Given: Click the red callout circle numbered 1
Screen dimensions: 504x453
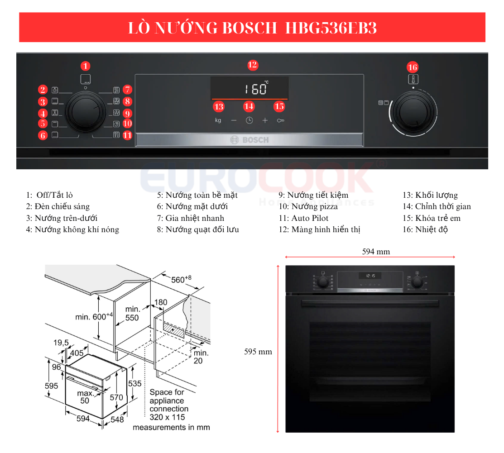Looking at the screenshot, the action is [86, 66].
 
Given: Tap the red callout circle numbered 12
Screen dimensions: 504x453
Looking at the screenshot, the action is [253, 65].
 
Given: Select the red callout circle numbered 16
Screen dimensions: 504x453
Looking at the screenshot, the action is [412, 67].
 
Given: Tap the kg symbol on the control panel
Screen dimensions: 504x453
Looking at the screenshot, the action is [218, 120].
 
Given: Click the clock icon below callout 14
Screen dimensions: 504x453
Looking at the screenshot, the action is [249, 120].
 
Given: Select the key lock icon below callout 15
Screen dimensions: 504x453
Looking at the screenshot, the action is [280, 121].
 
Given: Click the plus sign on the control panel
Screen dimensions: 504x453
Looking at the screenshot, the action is [265, 120].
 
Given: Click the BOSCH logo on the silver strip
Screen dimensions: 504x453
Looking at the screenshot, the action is [250, 140].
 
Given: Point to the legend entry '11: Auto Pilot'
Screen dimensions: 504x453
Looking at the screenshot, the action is [303, 218].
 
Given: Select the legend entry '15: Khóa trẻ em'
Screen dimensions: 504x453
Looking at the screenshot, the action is [431, 218].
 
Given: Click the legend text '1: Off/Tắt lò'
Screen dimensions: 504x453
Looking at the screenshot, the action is [49, 195].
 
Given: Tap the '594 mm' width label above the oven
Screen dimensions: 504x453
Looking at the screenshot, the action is [376, 252].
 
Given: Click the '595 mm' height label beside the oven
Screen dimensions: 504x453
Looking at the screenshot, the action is [258, 351].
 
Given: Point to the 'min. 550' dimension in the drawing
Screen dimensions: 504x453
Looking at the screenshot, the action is [132, 313].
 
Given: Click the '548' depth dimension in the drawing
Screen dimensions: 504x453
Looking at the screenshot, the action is [117, 420].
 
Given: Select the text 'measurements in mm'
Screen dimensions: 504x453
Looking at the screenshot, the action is [171, 427].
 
